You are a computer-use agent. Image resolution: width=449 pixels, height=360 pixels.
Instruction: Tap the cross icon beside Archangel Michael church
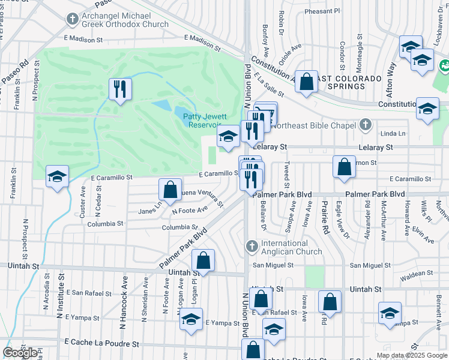click(71, 19)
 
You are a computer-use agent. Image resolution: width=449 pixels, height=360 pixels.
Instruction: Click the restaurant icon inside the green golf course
click(119, 89)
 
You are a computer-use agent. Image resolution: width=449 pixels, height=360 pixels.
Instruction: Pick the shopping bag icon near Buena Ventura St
click(170, 189)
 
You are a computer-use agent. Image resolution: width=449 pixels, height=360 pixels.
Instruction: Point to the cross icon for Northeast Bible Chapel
click(364, 125)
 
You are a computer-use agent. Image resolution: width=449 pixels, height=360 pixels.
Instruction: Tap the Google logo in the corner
click(20, 353)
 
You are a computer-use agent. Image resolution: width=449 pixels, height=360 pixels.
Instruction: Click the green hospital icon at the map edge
click(445, 64)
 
